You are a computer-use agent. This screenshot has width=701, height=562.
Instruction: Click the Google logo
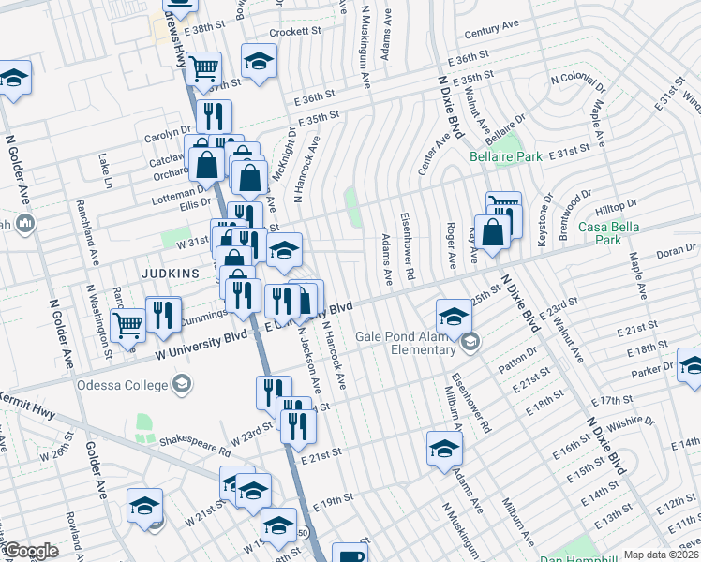pyautogui.click(x=30, y=551)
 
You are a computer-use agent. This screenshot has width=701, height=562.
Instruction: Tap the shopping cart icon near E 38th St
pyautogui.click(x=203, y=68)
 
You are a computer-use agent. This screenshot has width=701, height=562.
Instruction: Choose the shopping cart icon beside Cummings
pyautogui.click(x=128, y=325)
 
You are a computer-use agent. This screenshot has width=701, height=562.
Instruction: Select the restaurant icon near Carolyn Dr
pyautogui.click(x=216, y=116)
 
